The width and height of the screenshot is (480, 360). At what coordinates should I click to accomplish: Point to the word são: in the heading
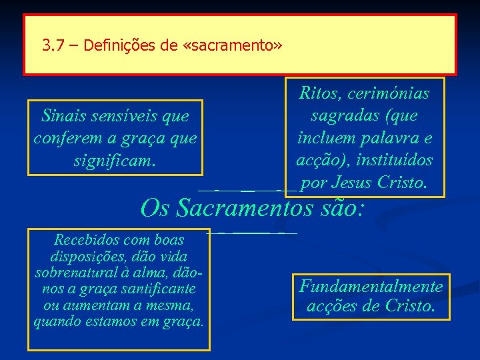(341, 208)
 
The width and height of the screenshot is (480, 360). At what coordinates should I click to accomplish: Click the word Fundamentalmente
(371, 287)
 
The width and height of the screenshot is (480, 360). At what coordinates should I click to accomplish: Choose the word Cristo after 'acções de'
(409, 306)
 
